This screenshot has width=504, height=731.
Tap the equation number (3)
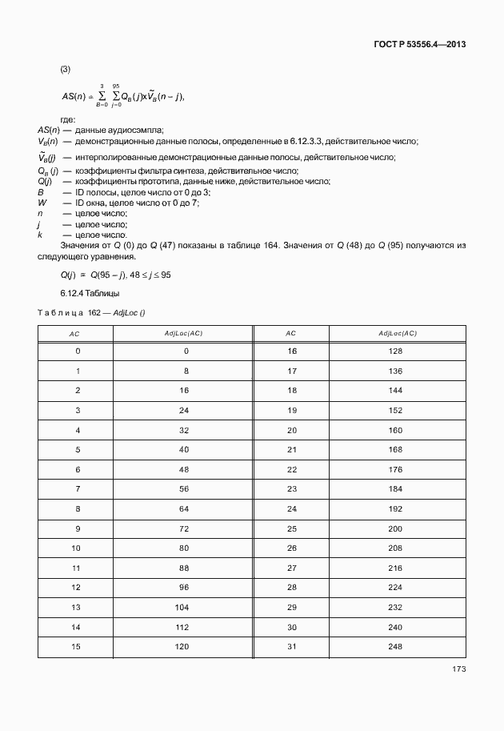tap(66, 69)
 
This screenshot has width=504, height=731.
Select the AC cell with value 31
tap(291, 646)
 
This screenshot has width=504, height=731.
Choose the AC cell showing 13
tap(78, 607)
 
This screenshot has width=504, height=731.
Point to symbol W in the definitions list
tap(42, 203)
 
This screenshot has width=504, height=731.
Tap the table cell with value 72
tap(183, 528)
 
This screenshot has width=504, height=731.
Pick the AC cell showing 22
tap(291, 469)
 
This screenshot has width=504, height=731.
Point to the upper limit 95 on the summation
tap(116, 86)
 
